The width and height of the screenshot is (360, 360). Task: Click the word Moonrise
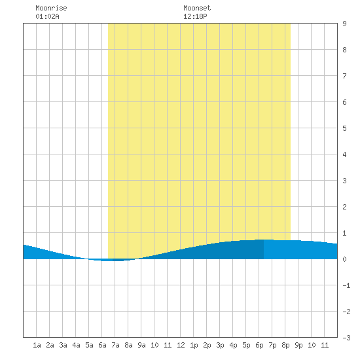click(51, 8)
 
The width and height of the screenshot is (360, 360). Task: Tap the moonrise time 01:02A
click(47, 16)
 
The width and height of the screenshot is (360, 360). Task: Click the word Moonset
click(197, 8)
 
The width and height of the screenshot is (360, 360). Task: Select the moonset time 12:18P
click(195, 16)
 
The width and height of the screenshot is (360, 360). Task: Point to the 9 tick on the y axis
click(344, 24)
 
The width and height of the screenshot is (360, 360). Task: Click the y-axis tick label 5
click(344, 128)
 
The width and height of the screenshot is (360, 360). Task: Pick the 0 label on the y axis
click(344, 259)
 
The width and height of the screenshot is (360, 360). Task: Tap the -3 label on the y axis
click(346, 338)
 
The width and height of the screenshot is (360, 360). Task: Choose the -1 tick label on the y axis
click(346, 285)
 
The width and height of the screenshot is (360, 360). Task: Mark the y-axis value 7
click(344, 76)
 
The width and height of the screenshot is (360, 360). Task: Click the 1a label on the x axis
click(37, 345)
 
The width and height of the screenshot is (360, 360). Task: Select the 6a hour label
click(102, 345)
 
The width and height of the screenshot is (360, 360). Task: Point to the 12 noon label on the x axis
click(181, 345)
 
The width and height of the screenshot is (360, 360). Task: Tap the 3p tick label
click(220, 345)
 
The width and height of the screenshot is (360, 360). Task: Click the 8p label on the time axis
click(285, 345)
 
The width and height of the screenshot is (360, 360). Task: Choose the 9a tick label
click(141, 345)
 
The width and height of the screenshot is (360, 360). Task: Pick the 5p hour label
click(246, 345)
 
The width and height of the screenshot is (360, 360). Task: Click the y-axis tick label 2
click(344, 207)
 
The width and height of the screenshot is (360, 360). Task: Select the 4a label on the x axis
click(76, 345)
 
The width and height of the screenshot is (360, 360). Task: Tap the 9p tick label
click(298, 345)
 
